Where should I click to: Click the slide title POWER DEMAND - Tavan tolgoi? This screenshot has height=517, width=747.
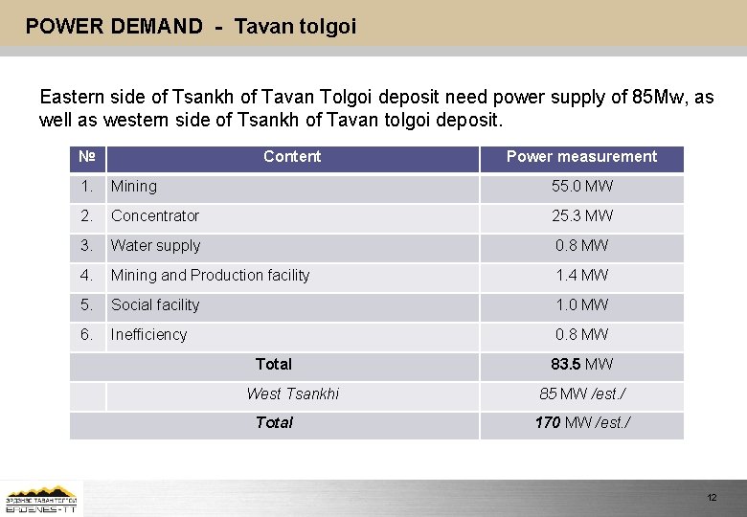pyautogui.click(x=191, y=27)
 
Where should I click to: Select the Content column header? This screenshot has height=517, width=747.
pyautogui.click(x=292, y=157)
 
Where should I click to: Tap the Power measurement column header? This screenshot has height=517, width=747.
pyautogui.click(x=581, y=157)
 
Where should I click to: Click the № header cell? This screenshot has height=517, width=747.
pyautogui.click(x=86, y=157)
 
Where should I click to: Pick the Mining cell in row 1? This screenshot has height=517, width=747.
pyautogui.click(x=134, y=187)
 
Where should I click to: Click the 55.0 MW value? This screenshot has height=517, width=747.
pyautogui.click(x=581, y=187)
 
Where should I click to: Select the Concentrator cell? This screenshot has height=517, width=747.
pyautogui.click(x=155, y=216)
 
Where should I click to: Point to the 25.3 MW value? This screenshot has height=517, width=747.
pyautogui.click(x=581, y=216)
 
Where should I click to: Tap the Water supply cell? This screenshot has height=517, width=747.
pyautogui.click(x=155, y=246)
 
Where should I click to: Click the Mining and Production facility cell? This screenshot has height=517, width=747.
pyautogui.click(x=211, y=276)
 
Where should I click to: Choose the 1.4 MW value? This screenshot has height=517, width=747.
pyautogui.click(x=581, y=276)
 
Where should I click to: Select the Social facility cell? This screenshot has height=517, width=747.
pyautogui.click(x=155, y=305)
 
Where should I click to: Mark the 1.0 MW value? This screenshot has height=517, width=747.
pyautogui.click(x=581, y=305)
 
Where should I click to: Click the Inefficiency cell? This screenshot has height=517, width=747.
pyautogui.click(x=148, y=335)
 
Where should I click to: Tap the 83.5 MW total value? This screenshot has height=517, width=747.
pyautogui.click(x=581, y=365)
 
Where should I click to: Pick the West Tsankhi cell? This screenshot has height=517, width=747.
pyautogui.click(x=292, y=394)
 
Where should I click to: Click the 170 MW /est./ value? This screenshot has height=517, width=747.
pyautogui.click(x=581, y=423)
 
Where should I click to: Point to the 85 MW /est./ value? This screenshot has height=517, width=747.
pyautogui.click(x=581, y=394)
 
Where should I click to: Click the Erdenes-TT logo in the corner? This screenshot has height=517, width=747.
pyautogui.click(x=41, y=499)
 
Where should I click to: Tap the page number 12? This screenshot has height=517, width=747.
pyautogui.click(x=712, y=498)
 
